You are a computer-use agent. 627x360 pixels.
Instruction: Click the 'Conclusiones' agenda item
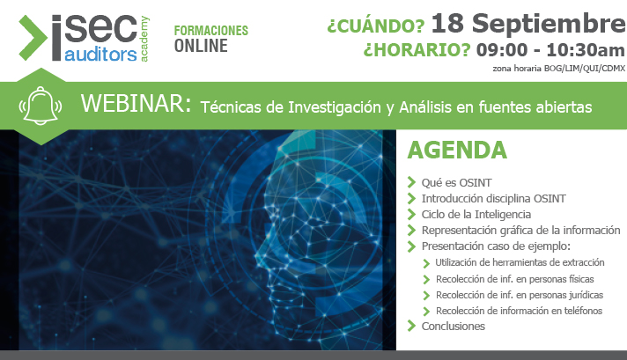[454, 326]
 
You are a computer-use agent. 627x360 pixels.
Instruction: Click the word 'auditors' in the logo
[101, 55]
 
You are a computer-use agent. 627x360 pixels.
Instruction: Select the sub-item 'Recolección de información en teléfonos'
[519, 311]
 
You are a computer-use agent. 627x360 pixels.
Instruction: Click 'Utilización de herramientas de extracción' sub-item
[520, 263]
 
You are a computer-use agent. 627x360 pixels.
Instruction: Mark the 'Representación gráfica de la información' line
[520, 230]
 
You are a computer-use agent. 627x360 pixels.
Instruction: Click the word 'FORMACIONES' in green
[211, 30]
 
